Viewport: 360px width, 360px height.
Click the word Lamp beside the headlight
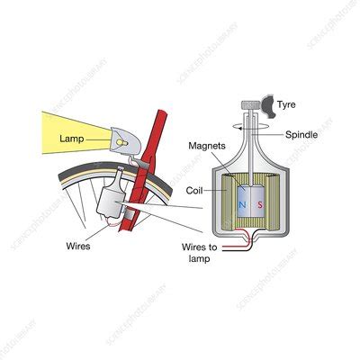(71, 139)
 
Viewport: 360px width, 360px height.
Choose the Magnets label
(207, 145)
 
